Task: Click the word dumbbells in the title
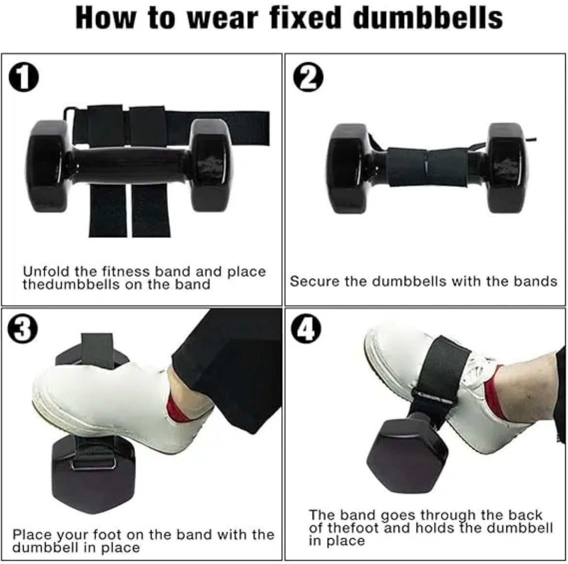[427, 18]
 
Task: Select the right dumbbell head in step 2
[506, 167]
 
